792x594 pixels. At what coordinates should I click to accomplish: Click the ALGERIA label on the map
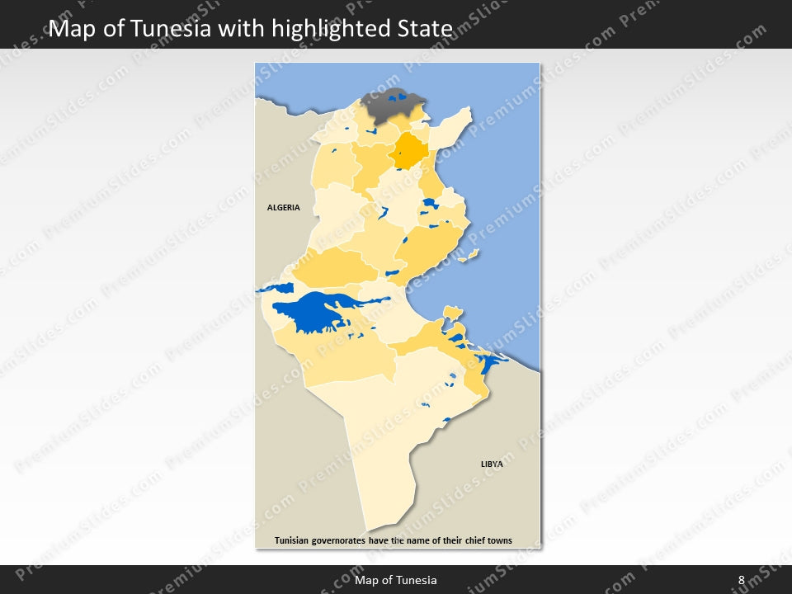[283, 208]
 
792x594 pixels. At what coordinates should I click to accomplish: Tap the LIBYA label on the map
[492, 464]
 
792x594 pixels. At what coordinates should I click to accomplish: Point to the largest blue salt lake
[318, 311]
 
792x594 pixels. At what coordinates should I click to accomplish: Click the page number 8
[741, 581]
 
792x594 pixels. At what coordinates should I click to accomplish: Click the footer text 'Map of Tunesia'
[396, 581]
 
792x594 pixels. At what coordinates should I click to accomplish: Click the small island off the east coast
[469, 257]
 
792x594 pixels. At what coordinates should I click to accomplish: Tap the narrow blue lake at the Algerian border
[276, 289]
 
